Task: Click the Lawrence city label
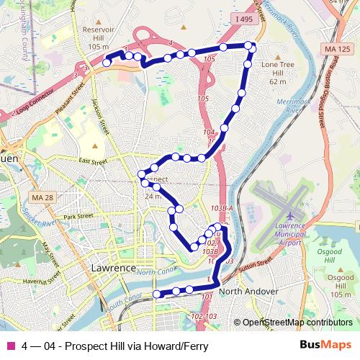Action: pyautogui.click(x=114, y=268)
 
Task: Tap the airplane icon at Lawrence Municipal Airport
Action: pyautogui.click(x=289, y=216)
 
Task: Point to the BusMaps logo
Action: pyautogui.click(x=325, y=346)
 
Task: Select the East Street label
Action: pyautogui.click(x=93, y=161)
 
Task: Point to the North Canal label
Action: pyautogui.click(x=152, y=272)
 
